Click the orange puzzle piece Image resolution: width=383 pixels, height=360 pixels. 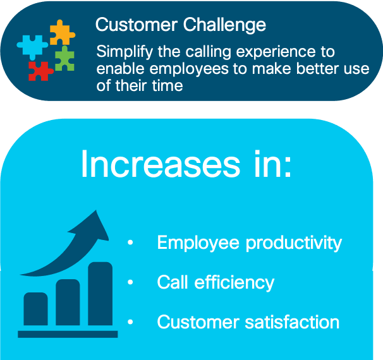coord(62,33)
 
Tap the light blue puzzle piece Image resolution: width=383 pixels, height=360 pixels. coord(32,46)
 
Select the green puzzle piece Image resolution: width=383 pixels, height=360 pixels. coord(64,59)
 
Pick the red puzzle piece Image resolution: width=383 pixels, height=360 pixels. coord(40,71)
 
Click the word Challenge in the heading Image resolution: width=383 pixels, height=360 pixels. coord(224,25)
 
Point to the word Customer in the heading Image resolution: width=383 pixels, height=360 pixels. coord(137,25)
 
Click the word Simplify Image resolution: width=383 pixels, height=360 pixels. coord(125,52)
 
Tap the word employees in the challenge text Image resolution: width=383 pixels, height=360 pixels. coord(189,69)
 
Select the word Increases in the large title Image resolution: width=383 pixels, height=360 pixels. coord(161,164)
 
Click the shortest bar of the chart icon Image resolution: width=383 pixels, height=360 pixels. coord(35,309)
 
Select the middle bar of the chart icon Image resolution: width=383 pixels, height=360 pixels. coord(68,302)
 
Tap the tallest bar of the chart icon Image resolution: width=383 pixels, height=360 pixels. coord(100,294)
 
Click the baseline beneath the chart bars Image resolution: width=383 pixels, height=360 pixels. coord(68,334)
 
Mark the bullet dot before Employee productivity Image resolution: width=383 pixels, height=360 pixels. coord(130,243)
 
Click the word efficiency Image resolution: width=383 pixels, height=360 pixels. coord(234,283)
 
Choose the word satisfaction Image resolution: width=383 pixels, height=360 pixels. coord(292,322)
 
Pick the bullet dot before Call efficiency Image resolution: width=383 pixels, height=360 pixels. coord(130,282)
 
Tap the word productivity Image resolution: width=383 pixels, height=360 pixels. coord(294,243)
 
